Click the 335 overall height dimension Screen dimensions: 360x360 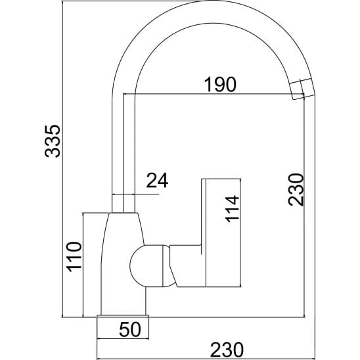point(53,141)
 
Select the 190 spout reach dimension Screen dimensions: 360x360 point(220,85)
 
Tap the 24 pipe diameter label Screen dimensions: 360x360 point(157,180)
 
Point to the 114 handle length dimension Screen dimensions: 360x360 point(232,209)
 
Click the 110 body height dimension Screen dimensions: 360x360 point(74,257)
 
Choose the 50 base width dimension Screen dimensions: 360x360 point(129,329)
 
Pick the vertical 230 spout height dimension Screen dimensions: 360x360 point(296,190)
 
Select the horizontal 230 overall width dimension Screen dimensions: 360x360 point(227,349)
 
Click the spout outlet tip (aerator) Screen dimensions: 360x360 point(302,89)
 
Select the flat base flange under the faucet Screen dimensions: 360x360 point(123,317)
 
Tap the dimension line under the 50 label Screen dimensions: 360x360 point(123,338)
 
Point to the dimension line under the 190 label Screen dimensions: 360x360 point(214,94)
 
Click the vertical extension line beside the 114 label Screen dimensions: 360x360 point(240,233)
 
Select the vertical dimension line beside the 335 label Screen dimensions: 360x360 point(62,159)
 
